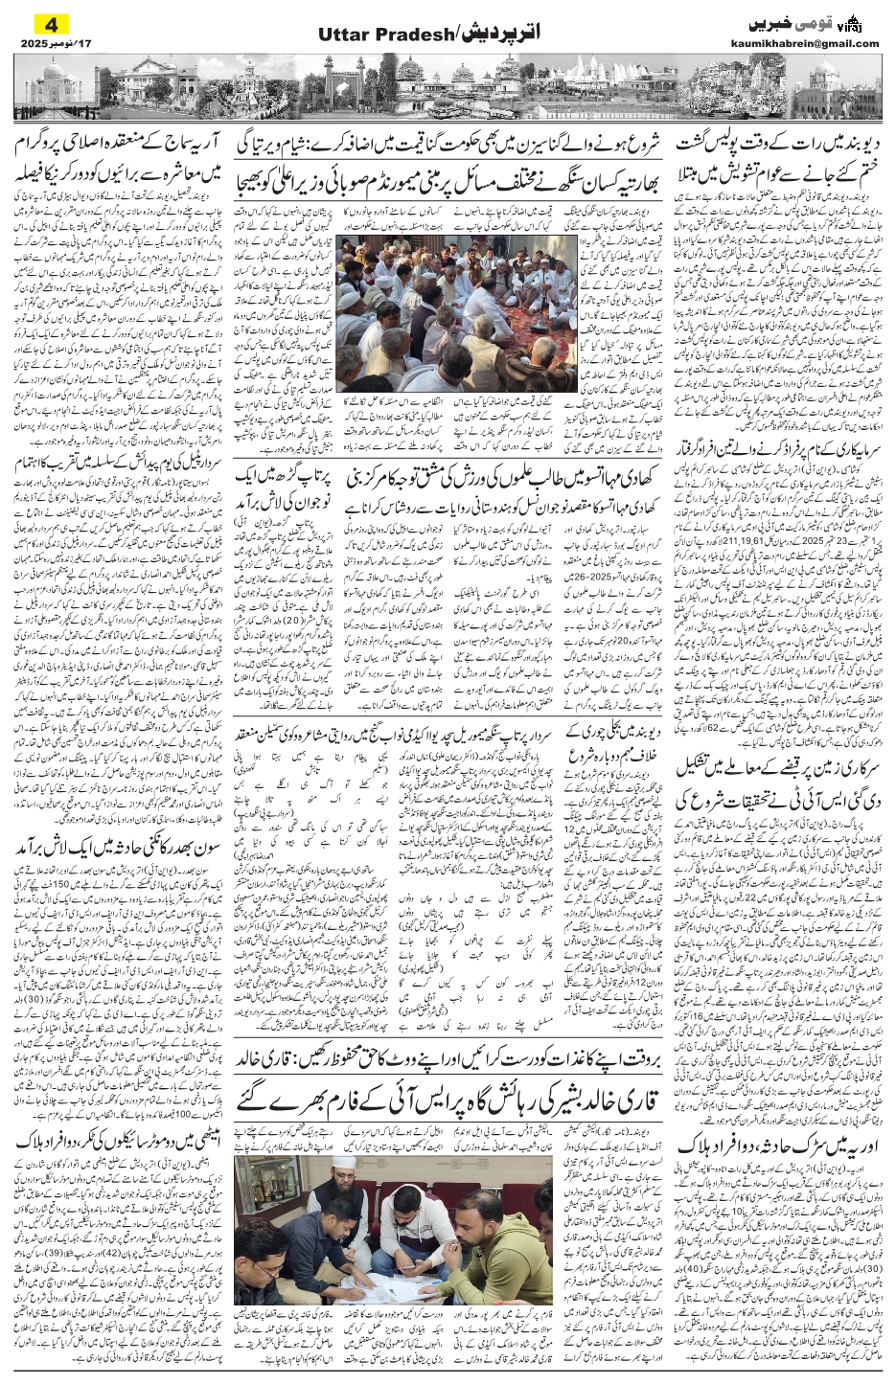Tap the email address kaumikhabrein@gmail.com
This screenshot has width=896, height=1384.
pyautogui.click(x=816, y=43)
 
